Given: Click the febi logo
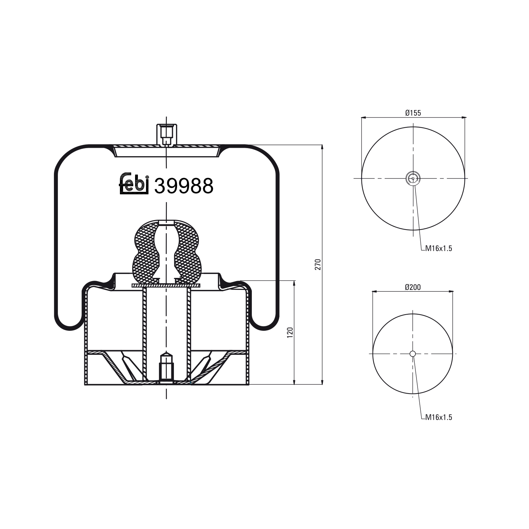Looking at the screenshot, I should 134,183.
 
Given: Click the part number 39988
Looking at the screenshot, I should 184,186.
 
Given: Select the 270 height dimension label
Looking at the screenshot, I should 317,264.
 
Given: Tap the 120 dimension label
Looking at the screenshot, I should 290,333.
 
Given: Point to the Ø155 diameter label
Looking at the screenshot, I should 413,113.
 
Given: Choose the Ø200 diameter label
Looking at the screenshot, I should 413,287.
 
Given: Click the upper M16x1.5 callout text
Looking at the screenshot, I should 438,248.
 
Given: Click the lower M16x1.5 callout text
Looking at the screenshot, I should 438,417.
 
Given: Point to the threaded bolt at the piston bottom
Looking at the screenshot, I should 166,367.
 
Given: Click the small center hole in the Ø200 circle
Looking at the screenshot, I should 413,354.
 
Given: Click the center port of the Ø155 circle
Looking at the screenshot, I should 413,178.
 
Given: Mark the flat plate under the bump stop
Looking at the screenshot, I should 166,285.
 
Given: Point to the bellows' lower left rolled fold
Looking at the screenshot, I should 70,323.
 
